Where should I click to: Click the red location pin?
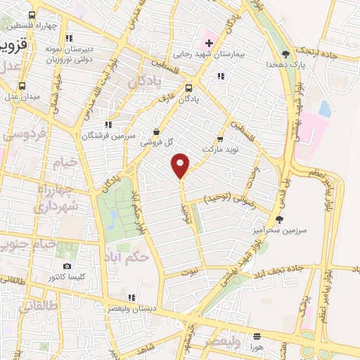181,165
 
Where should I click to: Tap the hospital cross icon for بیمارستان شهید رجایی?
209,43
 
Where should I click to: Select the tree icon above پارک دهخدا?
285,53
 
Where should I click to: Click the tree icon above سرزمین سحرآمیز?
280,219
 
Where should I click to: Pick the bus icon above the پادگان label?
188,88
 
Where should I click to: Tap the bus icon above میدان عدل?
22,86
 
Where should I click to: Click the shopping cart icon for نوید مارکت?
221,139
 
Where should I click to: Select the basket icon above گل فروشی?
157,131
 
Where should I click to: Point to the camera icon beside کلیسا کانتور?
67,266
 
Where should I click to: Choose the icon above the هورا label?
257,337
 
